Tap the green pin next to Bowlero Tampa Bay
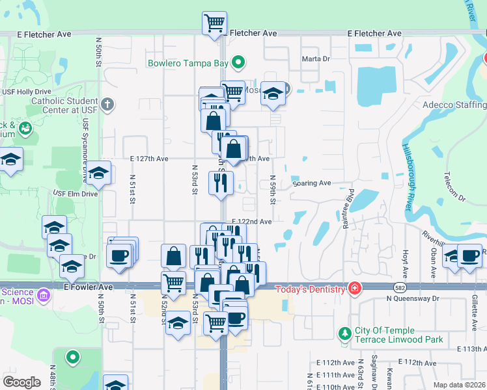point(239,64)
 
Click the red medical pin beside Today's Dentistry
point(354,288)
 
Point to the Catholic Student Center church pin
point(108,104)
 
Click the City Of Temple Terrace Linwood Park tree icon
point(345,334)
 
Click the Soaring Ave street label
point(312,183)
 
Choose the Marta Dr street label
point(316,58)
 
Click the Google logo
point(21,382)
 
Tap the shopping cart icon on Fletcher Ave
point(215,25)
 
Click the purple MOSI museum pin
point(44,295)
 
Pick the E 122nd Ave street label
point(252,222)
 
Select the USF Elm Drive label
point(75,194)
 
